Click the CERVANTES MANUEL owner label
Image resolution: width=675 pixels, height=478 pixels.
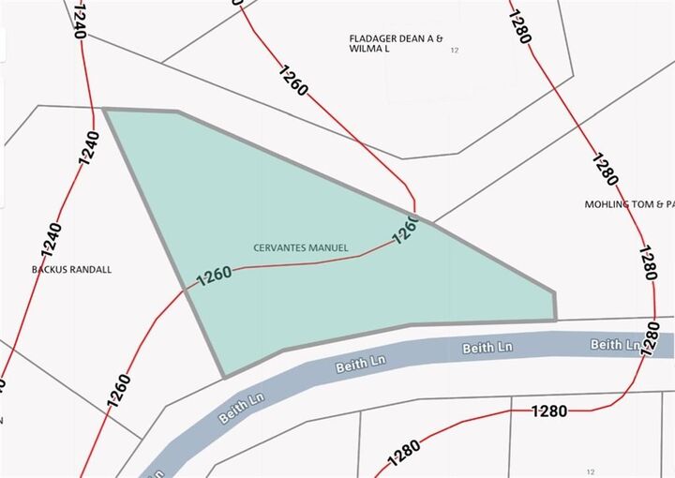point(301,247)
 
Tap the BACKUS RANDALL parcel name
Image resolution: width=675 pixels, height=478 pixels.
point(71,269)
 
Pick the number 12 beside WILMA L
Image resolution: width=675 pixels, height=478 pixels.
point(455,50)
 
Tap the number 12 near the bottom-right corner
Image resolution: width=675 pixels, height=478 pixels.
point(590,471)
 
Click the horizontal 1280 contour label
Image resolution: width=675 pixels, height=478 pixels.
point(548,411)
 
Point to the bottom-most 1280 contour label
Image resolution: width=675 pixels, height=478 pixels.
point(403,455)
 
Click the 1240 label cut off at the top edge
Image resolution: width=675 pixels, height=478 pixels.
point(77,21)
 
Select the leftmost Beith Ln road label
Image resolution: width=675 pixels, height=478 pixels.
point(236,409)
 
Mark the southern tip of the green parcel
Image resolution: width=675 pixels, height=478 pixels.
point(224,377)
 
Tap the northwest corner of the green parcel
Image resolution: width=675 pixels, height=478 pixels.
point(104,110)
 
